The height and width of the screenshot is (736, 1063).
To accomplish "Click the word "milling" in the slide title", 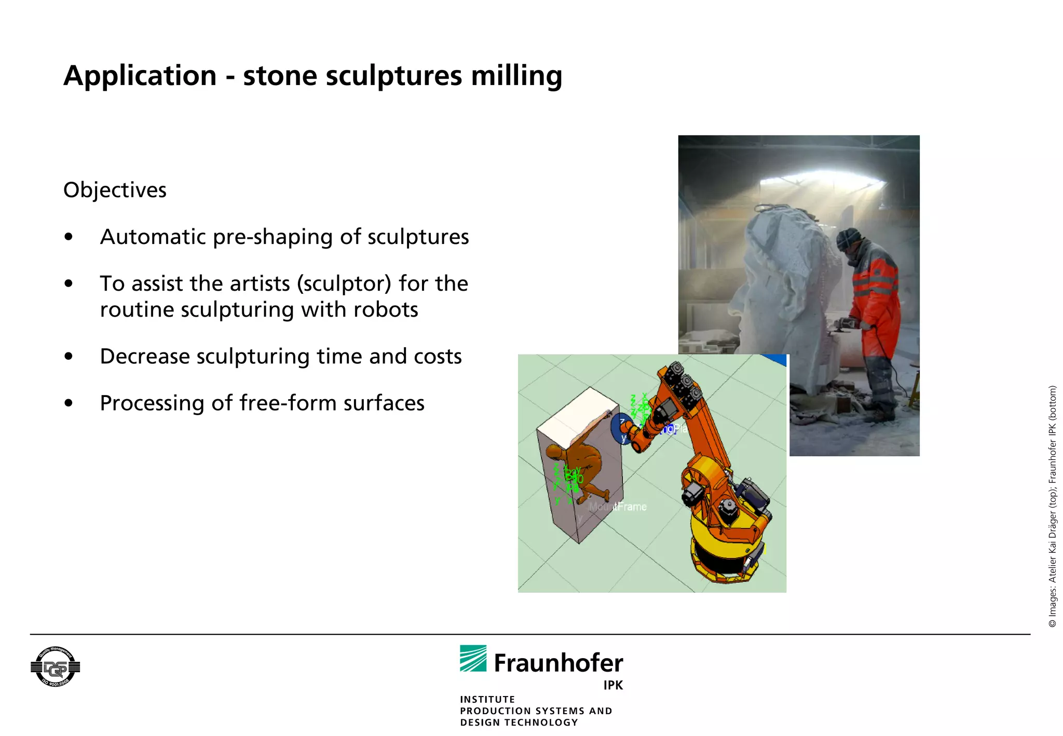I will coord(516,76).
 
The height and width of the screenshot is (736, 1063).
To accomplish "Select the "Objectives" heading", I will coord(115,190).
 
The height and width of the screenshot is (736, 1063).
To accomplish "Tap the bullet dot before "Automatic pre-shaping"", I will coord(69,237).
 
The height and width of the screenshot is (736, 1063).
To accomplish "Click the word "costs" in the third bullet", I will coord(438,357).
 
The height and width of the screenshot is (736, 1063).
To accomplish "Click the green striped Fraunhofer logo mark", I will coord(473,659).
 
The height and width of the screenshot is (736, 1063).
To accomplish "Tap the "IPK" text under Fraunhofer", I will coord(613,685).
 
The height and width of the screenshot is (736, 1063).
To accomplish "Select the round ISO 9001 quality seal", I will coord(55,667).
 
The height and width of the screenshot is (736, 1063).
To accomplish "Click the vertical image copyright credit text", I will coord(1052,506).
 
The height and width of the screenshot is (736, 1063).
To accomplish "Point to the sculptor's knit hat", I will coord(848,238).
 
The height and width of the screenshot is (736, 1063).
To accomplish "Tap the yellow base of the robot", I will coord(727,550).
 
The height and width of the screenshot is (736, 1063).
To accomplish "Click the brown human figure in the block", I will coord(579,467).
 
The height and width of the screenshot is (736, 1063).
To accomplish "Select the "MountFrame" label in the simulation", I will coord(618,507).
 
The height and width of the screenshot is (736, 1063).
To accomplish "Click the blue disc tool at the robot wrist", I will coord(620,428).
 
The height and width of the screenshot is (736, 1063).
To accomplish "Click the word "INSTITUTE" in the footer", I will coord(487,699).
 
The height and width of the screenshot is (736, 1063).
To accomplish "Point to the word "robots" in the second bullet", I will coord(386,310).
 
